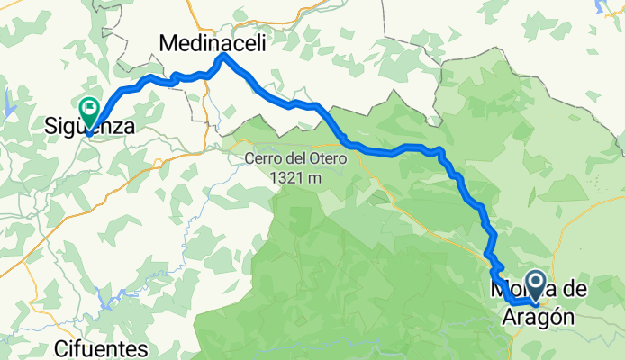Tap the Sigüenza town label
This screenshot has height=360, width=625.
pyautogui.click(x=90, y=128)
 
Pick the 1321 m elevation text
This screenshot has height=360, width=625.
pyautogui.click(x=294, y=178)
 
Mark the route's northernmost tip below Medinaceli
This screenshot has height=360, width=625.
pyautogui.click(x=223, y=57)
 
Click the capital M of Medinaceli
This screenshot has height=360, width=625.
pyautogui.click(x=168, y=41)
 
